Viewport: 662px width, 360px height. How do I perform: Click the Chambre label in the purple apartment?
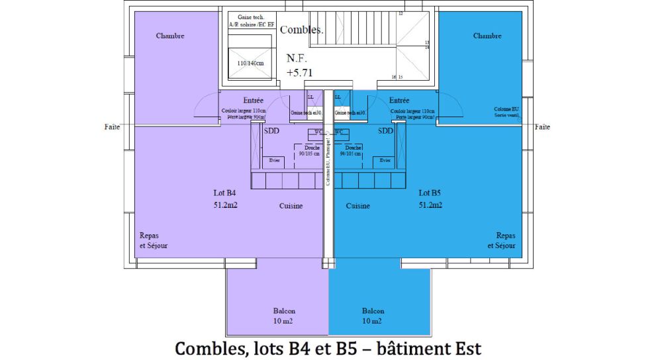pyautogui.click(x=170, y=36)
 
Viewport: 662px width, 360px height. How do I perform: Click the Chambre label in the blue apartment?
pyautogui.click(x=487, y=36)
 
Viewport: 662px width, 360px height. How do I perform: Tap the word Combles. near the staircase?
pyautogui.click(x=302, y=30)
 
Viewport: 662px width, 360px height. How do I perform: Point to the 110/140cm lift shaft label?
pyautogui.click(x=250, y=64)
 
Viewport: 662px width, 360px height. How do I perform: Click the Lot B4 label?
pyautogui.click(x=224, y=193)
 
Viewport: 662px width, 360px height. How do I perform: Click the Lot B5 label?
pyautogui.click(x=430, y=193)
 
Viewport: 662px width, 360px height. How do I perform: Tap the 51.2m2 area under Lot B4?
pyautogui.click(x=225, y=204)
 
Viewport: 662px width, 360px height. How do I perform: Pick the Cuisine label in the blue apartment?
pyautogui.click(x=358, y=206)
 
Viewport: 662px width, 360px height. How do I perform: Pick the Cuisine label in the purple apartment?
pyautogui.click(x=291, y=206)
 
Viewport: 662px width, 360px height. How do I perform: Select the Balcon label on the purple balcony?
pyautogui.click(x=284, y=310)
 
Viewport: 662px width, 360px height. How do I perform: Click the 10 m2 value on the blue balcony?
pyautogui.click(x=371, y=321)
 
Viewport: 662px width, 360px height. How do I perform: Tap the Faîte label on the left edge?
pyautogui.click(x=112, y=126)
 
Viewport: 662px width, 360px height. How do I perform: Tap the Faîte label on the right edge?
pyautogui.click(x=542, y=126)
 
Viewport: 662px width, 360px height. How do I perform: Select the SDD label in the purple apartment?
pyautogui.click(x=271, y=131)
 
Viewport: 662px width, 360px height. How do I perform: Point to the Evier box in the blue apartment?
pyautogui.click(x=385, y=160)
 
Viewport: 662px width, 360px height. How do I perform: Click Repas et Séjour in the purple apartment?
pyautogui.click(x=154, y=240)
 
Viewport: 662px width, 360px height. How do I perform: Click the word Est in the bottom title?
pyautogui.click(x=467, y=347)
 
